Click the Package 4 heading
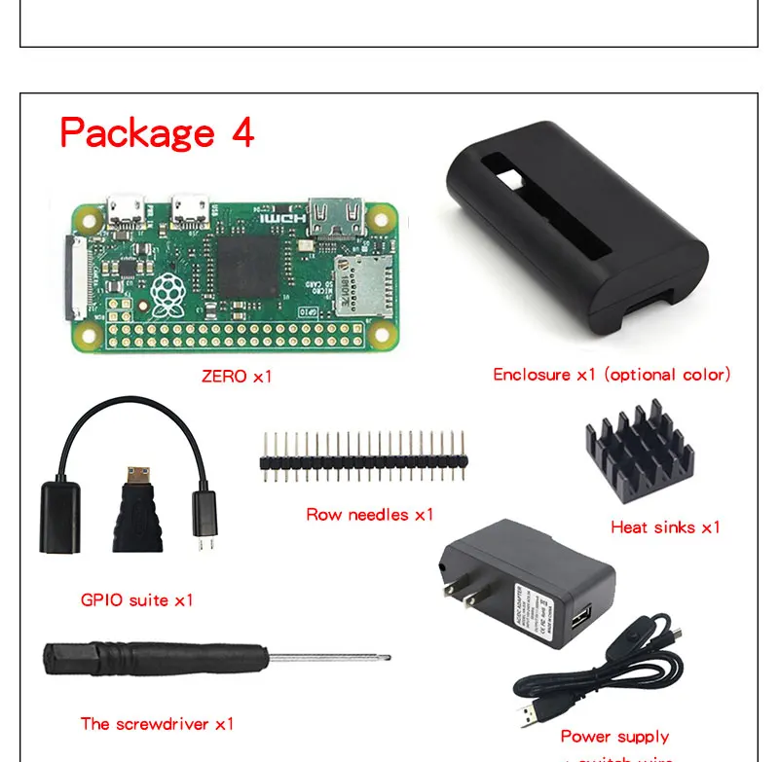157,132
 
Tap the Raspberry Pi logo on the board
172,295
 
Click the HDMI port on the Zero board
332,216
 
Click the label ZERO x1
237,376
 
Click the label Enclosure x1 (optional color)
612,375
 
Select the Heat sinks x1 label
665,527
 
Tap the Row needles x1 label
369,515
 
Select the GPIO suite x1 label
136,600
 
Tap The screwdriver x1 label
157,724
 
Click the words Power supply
614,737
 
